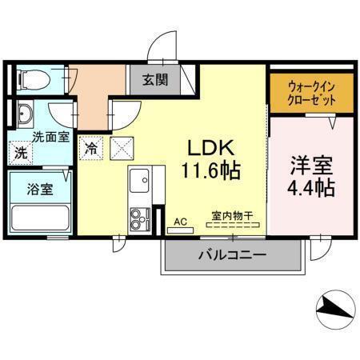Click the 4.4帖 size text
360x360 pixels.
click(310, 190)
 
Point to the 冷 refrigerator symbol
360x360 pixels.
click(93, 147)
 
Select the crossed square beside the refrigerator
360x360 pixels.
click(122, 147)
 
